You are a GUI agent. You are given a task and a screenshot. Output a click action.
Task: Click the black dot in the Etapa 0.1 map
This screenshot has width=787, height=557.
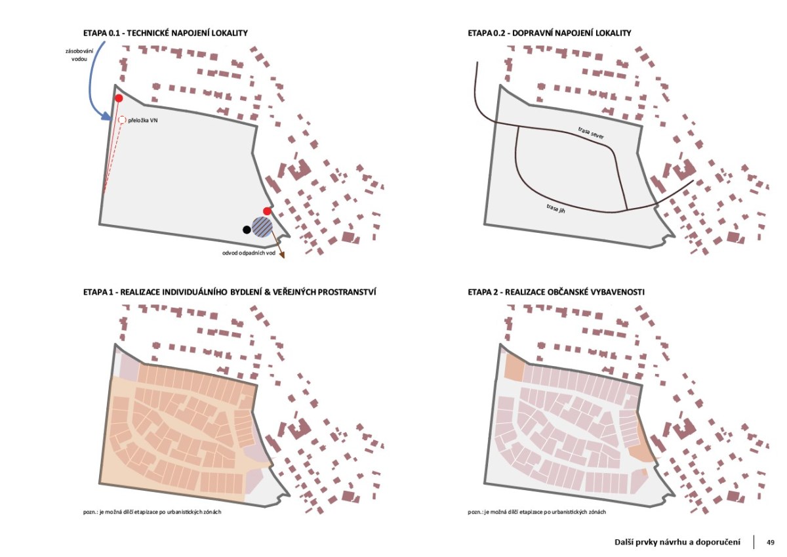(247, 230)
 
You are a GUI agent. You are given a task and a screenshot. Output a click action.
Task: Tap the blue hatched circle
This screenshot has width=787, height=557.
(262, 226)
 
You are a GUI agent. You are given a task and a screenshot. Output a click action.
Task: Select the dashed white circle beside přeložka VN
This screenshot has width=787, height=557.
(122, 120)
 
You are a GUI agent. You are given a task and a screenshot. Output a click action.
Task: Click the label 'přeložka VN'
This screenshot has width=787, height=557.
(143, 120)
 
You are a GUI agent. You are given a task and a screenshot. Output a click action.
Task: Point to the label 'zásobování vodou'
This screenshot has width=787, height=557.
(79, 55)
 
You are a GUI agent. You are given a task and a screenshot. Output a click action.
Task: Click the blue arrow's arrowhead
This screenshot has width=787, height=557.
(107, 116)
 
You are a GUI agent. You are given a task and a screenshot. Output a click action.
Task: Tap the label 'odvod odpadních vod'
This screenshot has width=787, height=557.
(249, 253)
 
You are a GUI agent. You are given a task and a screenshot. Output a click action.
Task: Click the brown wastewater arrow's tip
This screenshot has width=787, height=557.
(283, 257)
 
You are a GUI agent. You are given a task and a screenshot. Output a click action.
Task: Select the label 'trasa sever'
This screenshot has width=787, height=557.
(591, 133)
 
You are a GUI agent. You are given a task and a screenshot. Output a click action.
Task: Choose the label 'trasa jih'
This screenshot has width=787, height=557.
(556, 209)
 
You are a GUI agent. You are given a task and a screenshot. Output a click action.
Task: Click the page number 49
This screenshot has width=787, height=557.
(771, 543)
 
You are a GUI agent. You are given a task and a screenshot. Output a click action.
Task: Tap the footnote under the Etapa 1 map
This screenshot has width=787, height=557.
(152, 512)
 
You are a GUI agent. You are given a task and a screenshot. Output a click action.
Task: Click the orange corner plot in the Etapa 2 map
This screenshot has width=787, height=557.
(514, 367)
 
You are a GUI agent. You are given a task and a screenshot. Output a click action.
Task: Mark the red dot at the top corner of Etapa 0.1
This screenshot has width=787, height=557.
(119, 98)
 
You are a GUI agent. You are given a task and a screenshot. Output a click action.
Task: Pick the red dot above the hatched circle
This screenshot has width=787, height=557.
(268, 211)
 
